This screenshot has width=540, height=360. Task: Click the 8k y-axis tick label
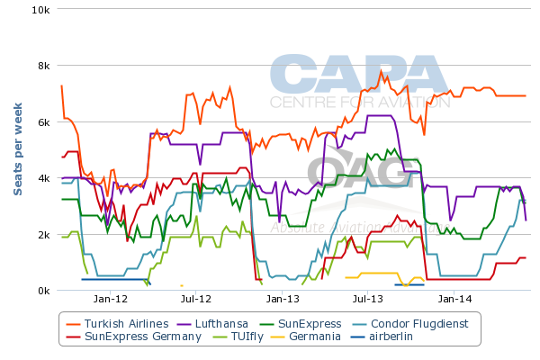pos(42,66)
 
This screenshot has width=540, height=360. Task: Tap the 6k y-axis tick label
pos(42,121)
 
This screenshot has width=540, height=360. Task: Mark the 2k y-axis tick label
pos(42,234)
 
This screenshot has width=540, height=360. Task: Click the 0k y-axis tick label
pos(42,290)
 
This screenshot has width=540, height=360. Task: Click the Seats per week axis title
pos(17,149)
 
